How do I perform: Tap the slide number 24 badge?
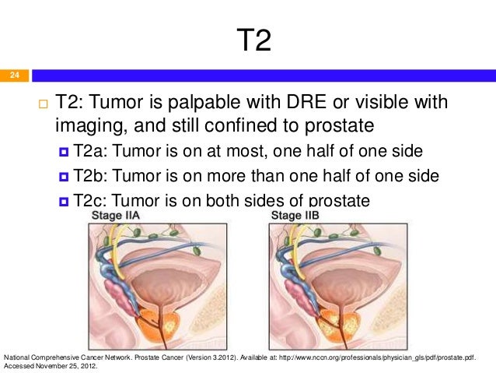pos(13,76)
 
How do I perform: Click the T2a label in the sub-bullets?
pos(91,150)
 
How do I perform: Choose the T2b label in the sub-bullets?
pos(91,175)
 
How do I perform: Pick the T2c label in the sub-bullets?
pos(91,200)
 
